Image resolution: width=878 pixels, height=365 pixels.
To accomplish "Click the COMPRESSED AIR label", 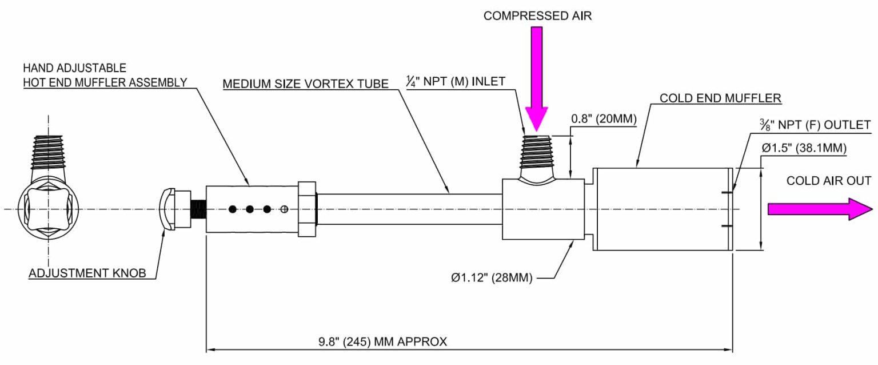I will click(537, 16).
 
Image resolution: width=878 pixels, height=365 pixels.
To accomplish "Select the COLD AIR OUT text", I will click(829, 181).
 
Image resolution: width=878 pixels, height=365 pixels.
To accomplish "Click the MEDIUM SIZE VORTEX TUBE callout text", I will click(306, 84).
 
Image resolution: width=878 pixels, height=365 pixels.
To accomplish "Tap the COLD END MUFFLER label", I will click(720, 98).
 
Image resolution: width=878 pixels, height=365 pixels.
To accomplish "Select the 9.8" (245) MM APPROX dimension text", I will click(383, 342).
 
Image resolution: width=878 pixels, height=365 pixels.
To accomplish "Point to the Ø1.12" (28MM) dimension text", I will click(492, 279).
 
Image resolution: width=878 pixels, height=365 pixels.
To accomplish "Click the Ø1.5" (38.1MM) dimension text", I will click(804, 148).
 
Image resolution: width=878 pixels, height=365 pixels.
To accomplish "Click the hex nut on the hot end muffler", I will click(307, 209).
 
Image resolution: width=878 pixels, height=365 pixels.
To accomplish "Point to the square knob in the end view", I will click(48, 209).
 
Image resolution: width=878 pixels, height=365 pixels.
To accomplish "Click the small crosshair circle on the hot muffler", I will click(284, 209).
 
